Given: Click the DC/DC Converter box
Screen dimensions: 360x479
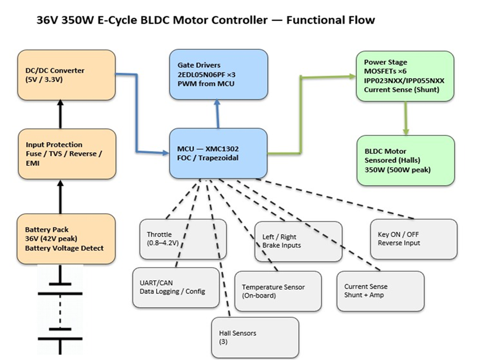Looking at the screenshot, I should (x=67, y=75).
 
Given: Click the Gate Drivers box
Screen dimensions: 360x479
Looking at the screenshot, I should (x=218, y=74).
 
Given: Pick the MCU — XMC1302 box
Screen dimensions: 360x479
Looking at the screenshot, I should (x=218, y=152).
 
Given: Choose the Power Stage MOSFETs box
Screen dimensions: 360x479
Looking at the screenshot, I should (x=405, y=76).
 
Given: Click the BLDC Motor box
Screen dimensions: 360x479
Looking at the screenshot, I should (x=405, y=160).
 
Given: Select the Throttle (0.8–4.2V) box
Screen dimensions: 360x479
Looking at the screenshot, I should (x=183, y=238).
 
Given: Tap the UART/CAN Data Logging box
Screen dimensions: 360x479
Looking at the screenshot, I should (x=176, y=287).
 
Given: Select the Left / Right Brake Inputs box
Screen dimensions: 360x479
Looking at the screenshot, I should (x=298, y=241).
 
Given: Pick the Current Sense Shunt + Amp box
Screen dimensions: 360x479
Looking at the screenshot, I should (x=380, y=291).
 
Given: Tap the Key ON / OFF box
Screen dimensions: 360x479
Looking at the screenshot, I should (x=413, y=239).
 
